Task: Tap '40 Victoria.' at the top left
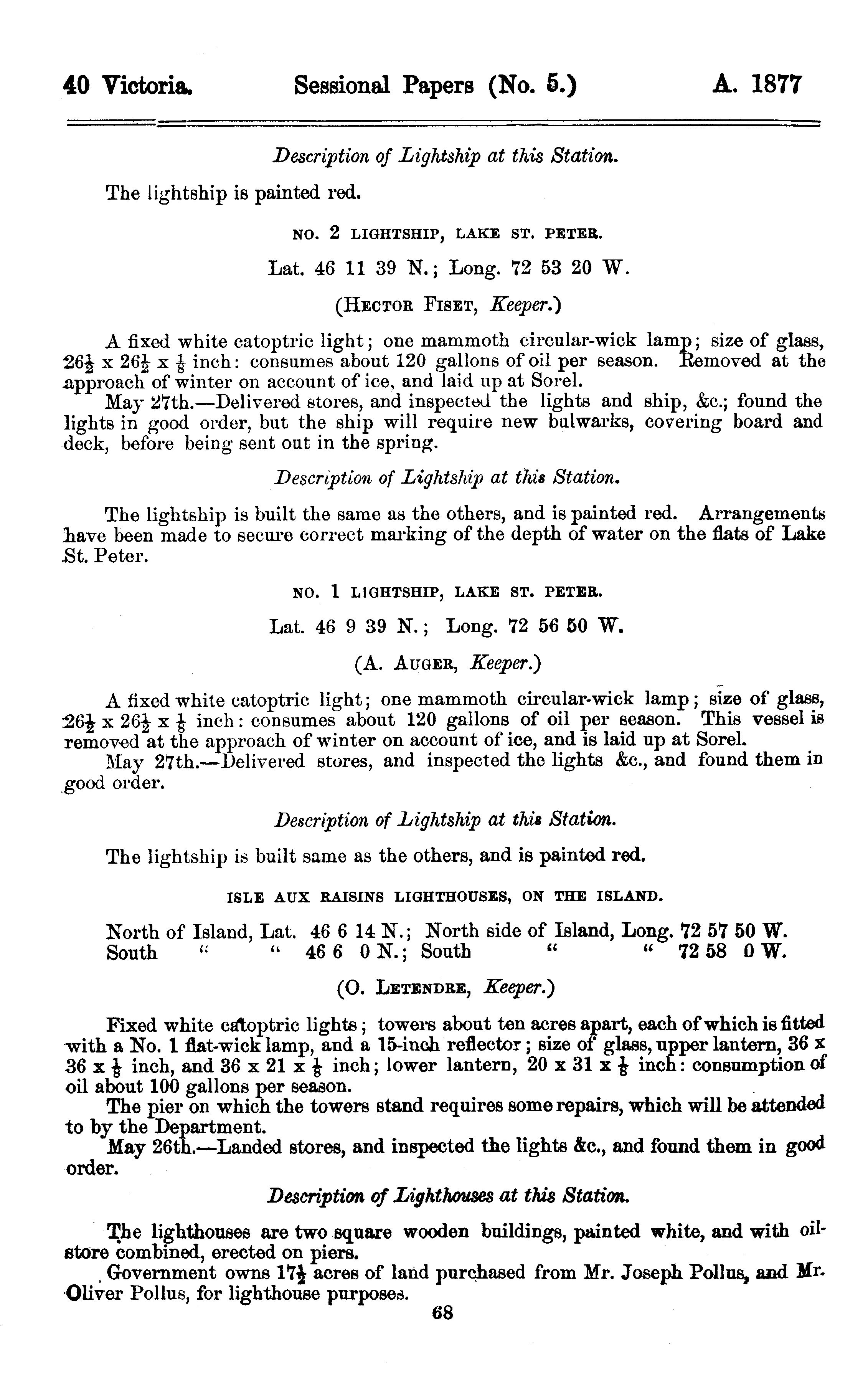pyautogui.click(x=128, y=86)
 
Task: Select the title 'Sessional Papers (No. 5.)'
pyautogui.click(x=435, y=86)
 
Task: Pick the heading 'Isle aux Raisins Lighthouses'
pyautogui.click(x=444, y=897)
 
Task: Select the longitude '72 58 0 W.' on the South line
pyautogui.click(x=733, y=952)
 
